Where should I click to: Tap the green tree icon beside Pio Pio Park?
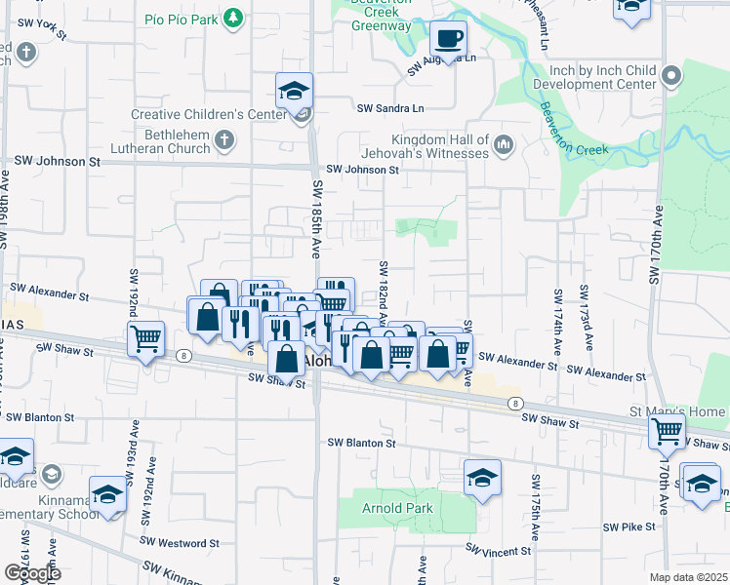232,19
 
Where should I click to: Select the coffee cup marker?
448,39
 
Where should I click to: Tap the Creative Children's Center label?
208,115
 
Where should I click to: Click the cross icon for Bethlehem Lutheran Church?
223,141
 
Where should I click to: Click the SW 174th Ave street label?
557,321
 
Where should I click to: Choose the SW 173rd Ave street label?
585,319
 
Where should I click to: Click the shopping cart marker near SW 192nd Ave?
145,340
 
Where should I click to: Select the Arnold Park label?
397,509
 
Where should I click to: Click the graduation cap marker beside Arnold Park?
481,478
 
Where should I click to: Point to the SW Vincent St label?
499,552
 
